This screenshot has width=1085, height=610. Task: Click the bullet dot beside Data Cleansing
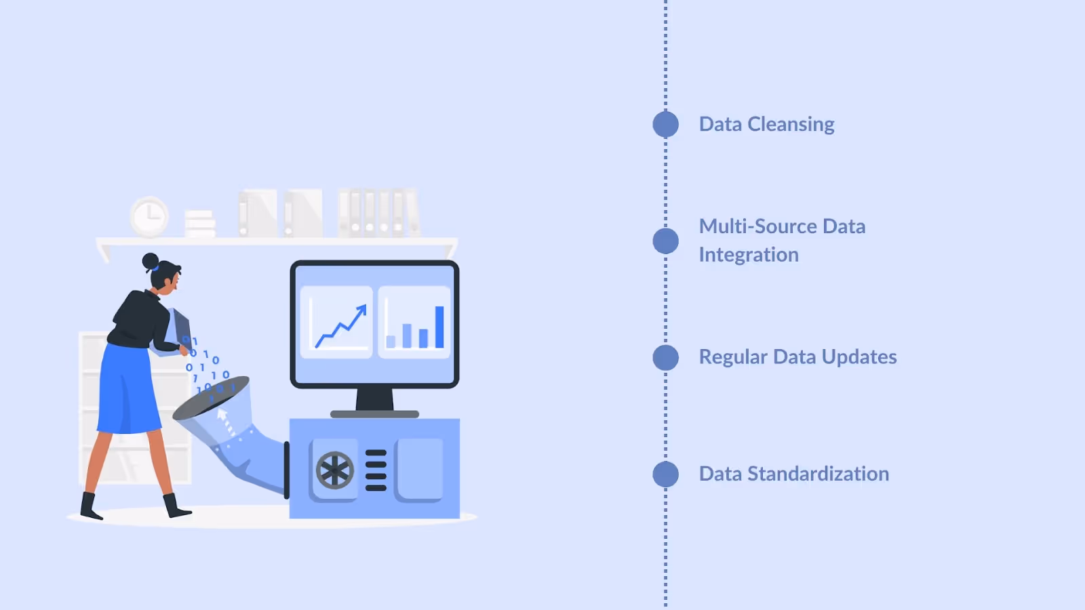(x=665, y=124)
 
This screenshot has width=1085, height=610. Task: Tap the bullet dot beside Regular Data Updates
(x=665, y=357)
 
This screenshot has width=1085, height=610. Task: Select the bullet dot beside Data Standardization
(x=665, y=474)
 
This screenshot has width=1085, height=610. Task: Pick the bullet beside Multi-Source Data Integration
(x=665, y=241)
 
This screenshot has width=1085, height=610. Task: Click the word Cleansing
(x=791, y=125)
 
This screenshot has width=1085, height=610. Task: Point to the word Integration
(x=749, y=255)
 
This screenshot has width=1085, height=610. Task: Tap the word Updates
(x=859, y=357)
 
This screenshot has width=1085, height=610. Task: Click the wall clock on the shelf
(x=149, y=217)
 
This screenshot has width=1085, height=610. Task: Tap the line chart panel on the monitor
(x=336, y=322)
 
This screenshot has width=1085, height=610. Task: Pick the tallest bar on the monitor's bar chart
(x=439, y=327)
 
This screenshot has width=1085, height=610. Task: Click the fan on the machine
(x=335, y=470)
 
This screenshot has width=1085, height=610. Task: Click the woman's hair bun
(x=150, y=261)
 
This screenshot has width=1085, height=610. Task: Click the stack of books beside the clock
(x=200, y=223)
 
